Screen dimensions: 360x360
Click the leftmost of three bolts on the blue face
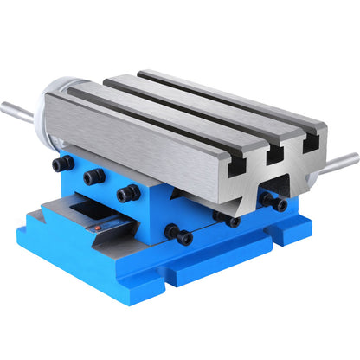61,164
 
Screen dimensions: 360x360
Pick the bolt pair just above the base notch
180,235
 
